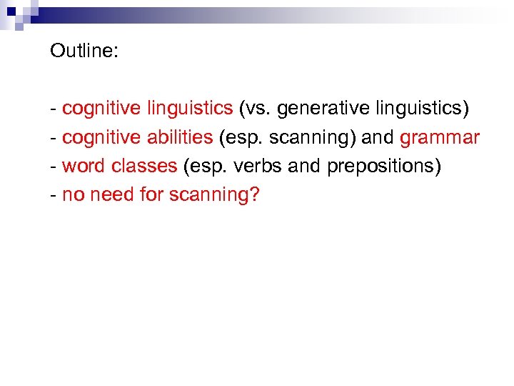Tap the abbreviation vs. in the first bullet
[x=255, y=109]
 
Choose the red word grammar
[x=440, y=137]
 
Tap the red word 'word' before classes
[x=84, y=167]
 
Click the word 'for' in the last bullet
[x=152, y=195]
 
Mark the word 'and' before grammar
[x=378, y=137]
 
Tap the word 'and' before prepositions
[x=306, y=167]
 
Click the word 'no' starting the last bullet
[x=72, y=195]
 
